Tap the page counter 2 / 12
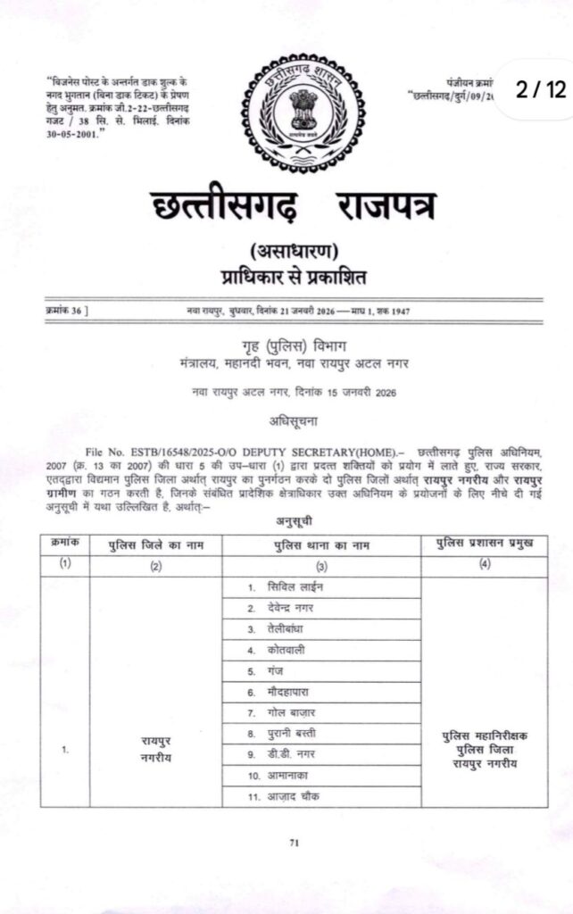(541, 89)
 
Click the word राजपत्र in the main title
(385, 208)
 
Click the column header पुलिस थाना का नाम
(322, 544)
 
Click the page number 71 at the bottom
(294, 841)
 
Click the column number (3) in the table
(322, 566)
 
